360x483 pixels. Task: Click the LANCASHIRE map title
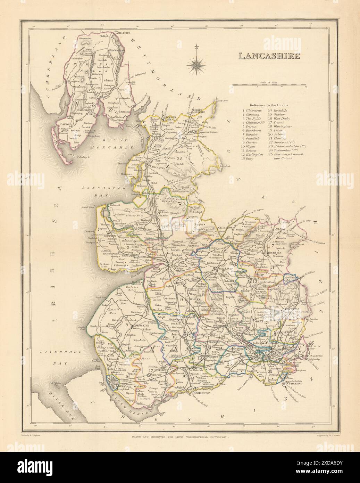click(x=269, y=56)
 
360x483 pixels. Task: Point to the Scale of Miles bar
click(x=269, y=85)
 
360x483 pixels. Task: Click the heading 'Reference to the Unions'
click(x=269, y=105)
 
